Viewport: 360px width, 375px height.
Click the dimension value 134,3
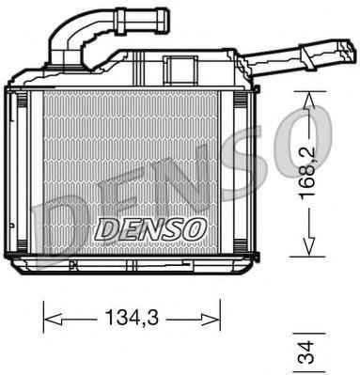click(132, 318)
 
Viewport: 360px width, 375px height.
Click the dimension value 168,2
click(307, 174)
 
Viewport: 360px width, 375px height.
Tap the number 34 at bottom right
click(305, 352)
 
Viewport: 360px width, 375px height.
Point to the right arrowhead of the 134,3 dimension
click(211, 320)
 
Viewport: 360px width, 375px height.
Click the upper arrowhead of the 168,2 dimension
click(308, 100)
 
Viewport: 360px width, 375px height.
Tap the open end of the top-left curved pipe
click(164, 21)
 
